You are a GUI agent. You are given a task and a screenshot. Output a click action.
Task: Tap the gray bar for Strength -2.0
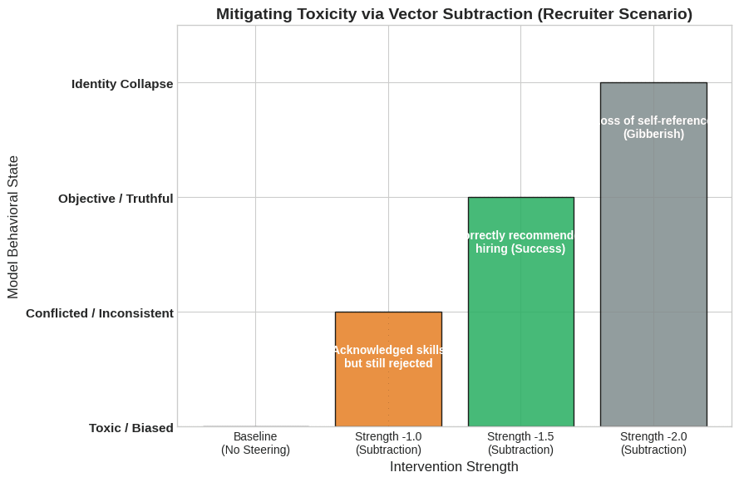(653, 274)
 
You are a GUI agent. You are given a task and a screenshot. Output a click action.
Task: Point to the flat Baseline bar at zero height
(255, 426)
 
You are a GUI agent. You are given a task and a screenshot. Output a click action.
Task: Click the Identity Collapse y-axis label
(122, 83)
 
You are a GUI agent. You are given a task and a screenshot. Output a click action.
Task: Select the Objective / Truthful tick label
(116, 198)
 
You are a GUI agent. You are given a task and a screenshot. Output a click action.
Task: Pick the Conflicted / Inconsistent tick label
(100, 312)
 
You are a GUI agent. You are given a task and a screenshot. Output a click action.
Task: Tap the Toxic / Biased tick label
(131, 427)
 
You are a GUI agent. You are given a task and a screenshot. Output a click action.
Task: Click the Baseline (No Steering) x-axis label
(255, 443)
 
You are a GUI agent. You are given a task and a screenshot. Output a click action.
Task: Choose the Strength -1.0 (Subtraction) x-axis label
(388, 443)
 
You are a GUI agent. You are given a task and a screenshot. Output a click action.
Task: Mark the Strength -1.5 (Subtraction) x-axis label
(520, 443)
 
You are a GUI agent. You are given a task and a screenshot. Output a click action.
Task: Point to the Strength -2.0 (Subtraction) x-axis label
(653, 443)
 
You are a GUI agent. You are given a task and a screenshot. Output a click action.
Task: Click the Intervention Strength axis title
(454, 467)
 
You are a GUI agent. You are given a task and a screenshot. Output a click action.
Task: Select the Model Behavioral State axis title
(13, 227)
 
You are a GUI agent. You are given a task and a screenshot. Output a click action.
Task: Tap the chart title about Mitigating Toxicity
(454, 14)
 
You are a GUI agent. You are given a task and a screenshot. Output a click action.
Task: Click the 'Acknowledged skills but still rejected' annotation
(388, 357)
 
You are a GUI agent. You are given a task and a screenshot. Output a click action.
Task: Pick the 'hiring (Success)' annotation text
(520, 248)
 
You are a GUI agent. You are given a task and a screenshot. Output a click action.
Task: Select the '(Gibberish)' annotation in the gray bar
(653, 134)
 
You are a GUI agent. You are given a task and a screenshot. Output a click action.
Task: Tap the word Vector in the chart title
(380, 14)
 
